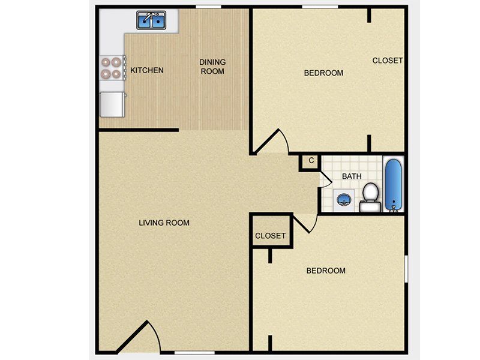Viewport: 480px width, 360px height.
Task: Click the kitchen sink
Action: (151, 20)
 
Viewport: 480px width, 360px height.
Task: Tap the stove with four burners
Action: (113, 68)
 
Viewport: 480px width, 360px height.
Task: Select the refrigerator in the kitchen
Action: (113, 104)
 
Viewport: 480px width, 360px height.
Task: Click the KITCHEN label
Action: (147, 70)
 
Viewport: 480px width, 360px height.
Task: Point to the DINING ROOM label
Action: (212, 67)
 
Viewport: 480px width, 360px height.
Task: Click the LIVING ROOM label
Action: (164, 223)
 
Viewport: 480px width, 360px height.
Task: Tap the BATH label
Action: (352, 176)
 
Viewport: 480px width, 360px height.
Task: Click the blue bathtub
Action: (394, 185)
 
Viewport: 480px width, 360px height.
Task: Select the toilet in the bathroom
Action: (370, 197)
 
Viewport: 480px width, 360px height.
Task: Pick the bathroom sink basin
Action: (344, 200)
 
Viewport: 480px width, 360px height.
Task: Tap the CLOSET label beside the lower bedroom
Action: (271, 236)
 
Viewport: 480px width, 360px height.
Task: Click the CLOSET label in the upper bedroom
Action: (388, 61)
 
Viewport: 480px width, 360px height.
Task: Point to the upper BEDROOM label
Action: (323, 73)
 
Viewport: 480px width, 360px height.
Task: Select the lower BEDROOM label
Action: (326, 271)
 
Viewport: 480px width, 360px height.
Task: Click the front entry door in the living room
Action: (139, 337)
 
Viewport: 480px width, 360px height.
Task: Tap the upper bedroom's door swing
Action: (271, 141)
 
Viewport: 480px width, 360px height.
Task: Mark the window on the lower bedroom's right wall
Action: (406, 269)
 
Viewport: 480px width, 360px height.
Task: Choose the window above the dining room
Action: (208, 7)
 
